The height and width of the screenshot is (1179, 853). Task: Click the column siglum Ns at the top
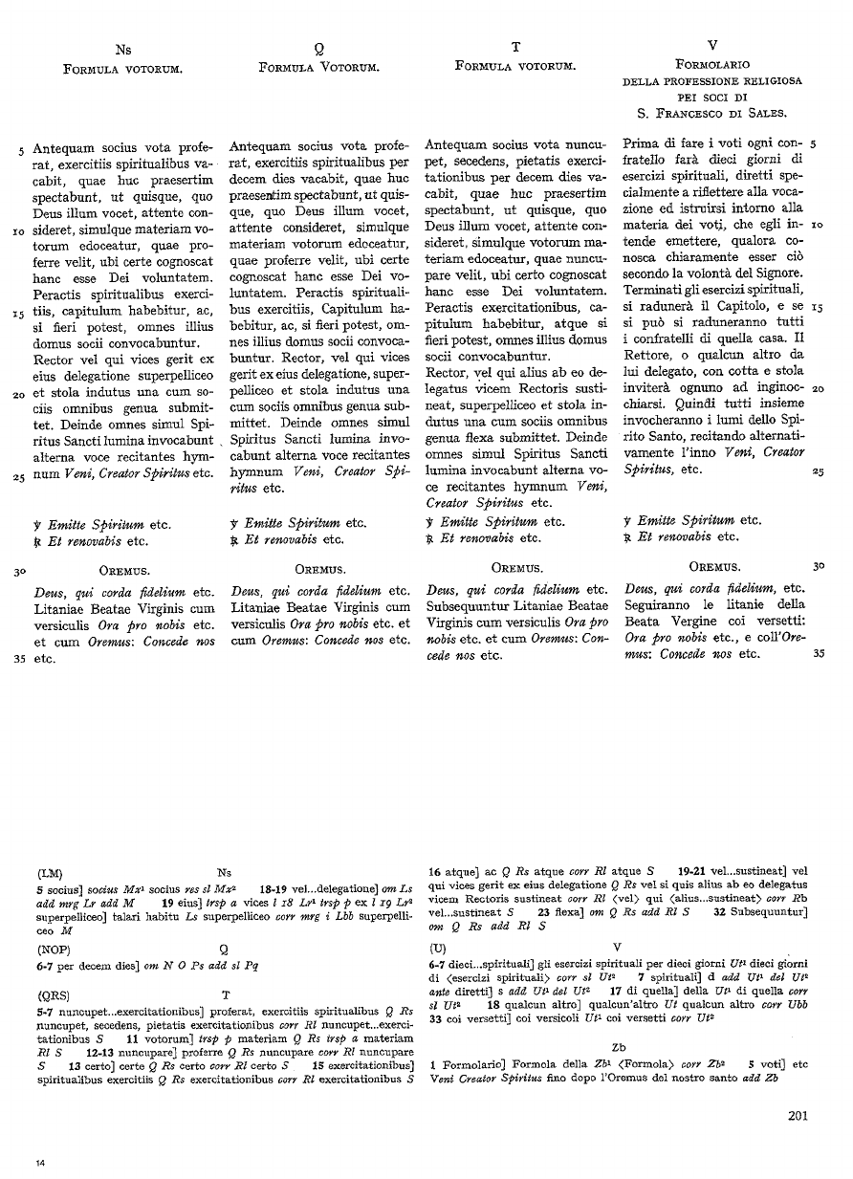pos(123,48)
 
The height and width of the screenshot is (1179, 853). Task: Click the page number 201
pos(800,1114)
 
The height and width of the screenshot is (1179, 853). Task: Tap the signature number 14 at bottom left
pos(40,1162)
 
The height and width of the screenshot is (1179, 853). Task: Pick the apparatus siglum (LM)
pos(51,872)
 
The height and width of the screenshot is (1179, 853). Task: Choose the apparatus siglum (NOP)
pos(55,950)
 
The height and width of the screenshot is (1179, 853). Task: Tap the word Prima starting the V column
pos(643,142)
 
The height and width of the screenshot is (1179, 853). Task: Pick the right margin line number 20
pos(817,389)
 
